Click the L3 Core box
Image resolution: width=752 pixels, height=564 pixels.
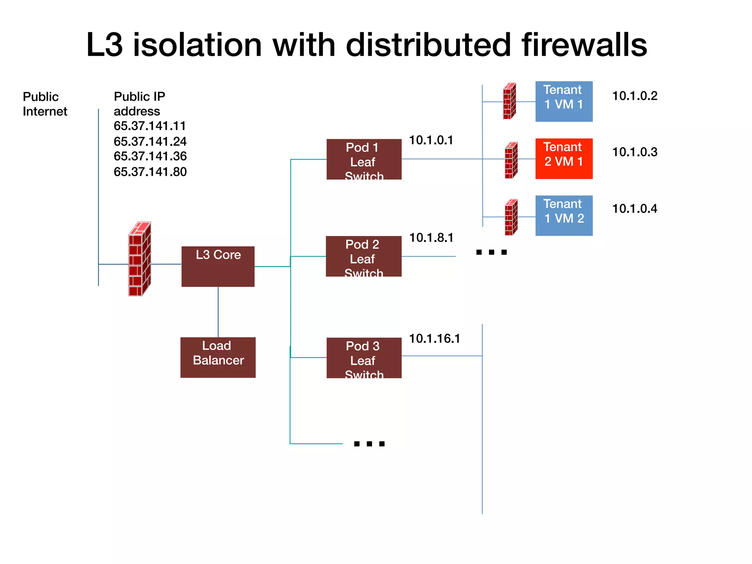[x=218, y=266]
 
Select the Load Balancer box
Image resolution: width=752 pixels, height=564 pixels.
[x=218, y=357]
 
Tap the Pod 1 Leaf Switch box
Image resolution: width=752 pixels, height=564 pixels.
[x=364, y=159]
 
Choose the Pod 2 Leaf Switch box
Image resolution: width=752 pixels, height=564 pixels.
[x=364, y=256]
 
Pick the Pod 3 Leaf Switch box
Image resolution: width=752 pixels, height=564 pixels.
[x=364, y=358]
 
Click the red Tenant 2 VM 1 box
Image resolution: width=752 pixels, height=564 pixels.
[x=564, y=158]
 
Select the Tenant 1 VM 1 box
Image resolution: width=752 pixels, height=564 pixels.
[x=564, y=101]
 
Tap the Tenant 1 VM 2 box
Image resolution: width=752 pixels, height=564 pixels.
[x=564, y=215]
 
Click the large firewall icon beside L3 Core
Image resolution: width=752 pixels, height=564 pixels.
[x=140, y=259]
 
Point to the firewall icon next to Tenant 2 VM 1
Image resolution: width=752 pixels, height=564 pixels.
[x=511, y=160]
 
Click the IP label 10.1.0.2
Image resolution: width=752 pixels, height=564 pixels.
[x=634, y=96]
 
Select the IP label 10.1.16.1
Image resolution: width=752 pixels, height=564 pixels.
[x=434, y=338]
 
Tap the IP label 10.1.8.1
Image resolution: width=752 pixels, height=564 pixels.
[x=431, y=238]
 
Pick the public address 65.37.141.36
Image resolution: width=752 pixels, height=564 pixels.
[x=150, y=156]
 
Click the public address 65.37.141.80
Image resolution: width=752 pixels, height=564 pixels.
[x=150, y=171]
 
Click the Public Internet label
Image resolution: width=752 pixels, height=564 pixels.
[x=45, y=104]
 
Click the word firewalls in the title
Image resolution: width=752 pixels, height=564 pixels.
[x=584, y=45]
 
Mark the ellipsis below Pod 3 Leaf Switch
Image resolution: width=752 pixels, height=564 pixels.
[x=369, y=444]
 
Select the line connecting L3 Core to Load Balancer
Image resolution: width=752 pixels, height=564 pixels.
[x=218, y=312]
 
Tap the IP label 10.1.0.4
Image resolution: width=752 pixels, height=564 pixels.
[x=634, y=209]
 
